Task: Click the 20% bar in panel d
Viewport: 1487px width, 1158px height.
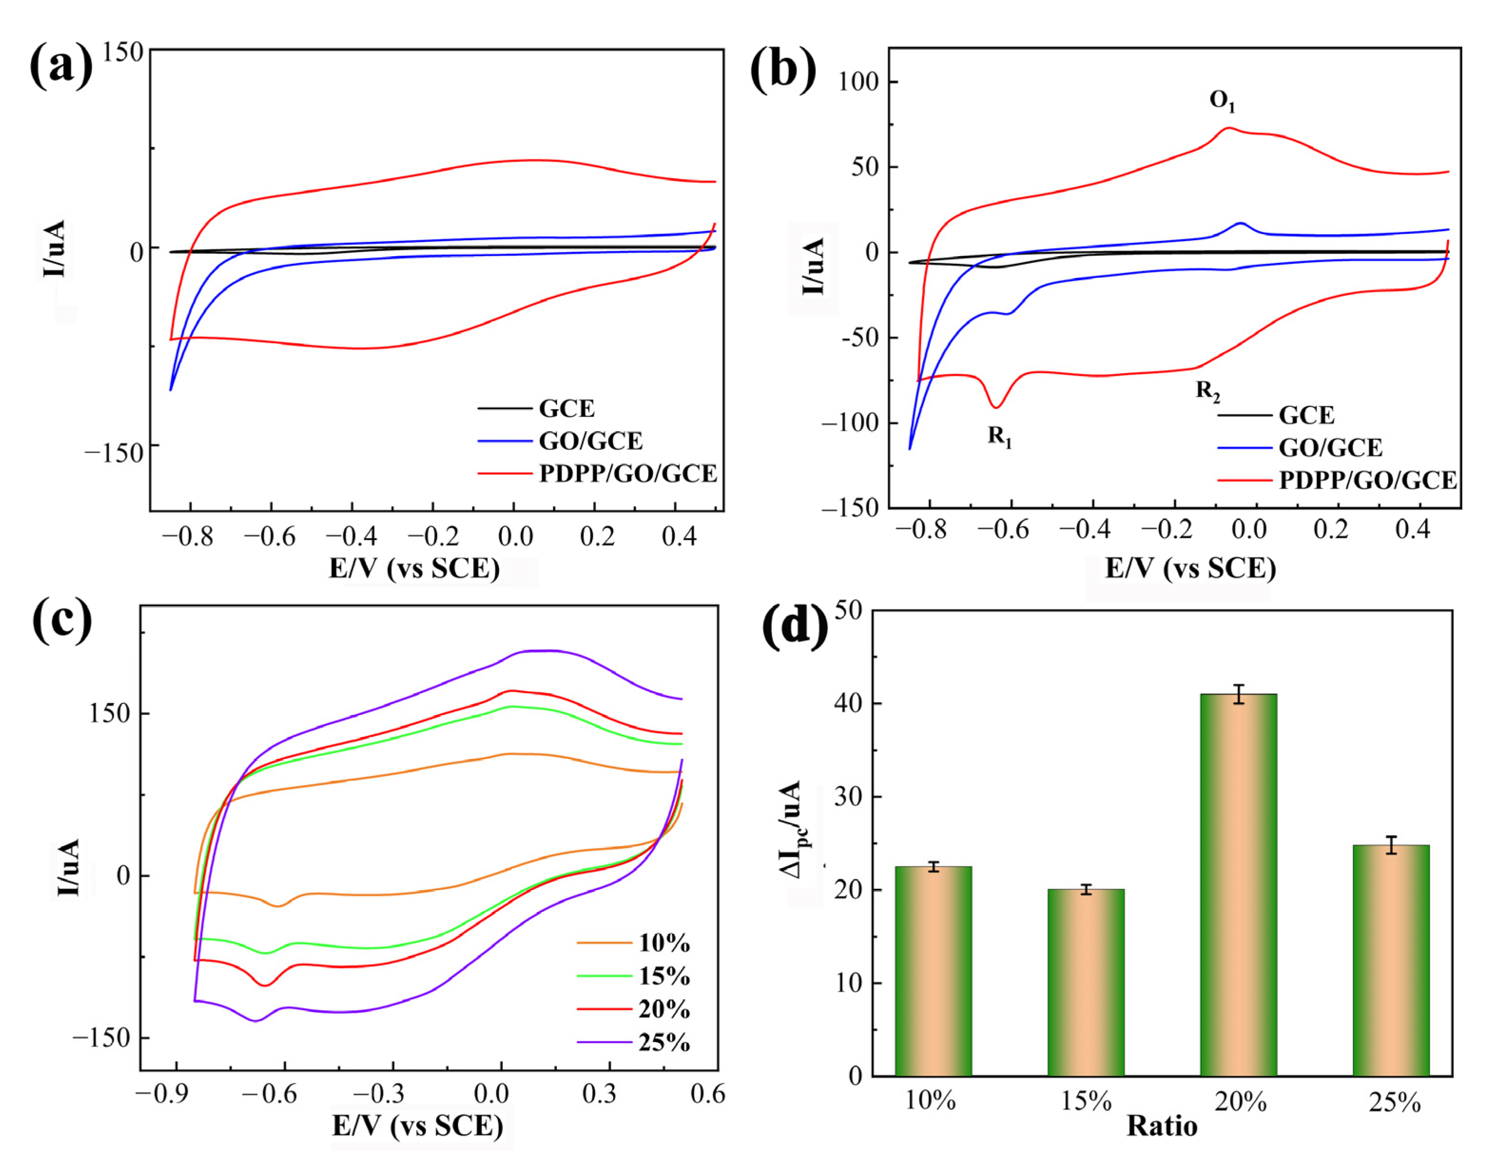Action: point(1238,886)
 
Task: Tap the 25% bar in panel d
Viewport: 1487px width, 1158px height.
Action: point(1391,960)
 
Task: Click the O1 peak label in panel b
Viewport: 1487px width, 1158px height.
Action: point(1222,101)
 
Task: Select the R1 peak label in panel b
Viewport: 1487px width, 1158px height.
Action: point(999,436)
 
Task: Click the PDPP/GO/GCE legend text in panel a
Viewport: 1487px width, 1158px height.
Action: point(628,473)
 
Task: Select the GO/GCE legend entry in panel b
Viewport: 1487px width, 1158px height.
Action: point(1330,447)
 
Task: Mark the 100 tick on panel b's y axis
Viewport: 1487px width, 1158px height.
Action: point(859,82)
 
